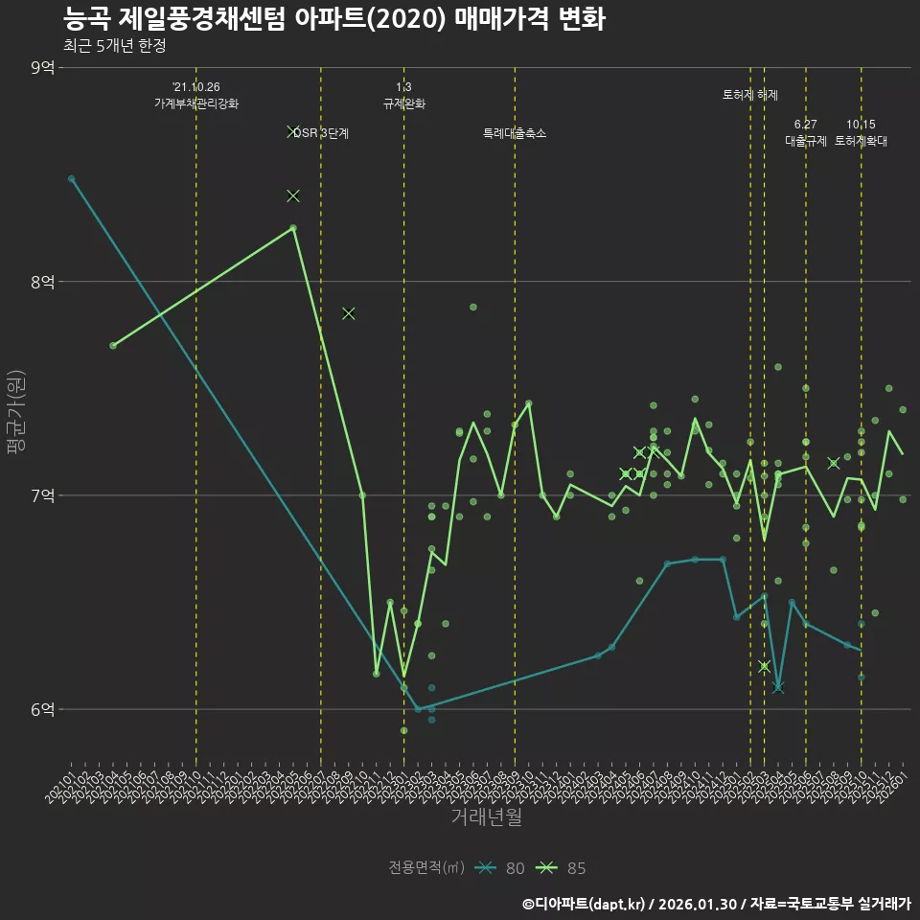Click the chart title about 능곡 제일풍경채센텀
(333, 19)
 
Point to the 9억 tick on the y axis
(43, 67)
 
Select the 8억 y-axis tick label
(43, 281)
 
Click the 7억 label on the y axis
(43, 495)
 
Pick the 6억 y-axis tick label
(43, 709)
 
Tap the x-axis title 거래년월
(486, 817)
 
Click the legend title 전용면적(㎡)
(425, 868)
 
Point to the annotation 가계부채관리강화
(196, 103)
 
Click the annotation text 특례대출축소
(515, 133)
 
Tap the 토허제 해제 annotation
(750, 95)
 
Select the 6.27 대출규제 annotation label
(805, 132)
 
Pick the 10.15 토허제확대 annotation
(861, 132)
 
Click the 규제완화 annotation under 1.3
(403, 103)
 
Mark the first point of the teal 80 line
(71, 178)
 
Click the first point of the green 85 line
(113, 345)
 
